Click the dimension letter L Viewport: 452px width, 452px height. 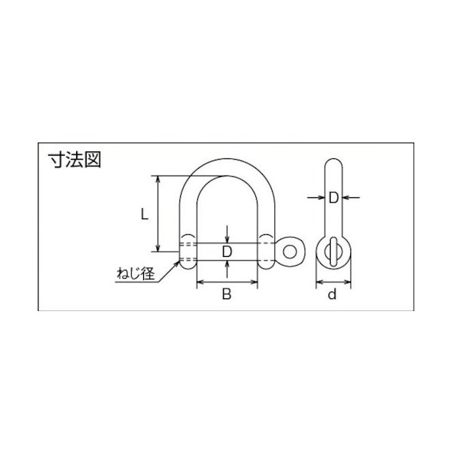pyautogui.click(x=145, y=215)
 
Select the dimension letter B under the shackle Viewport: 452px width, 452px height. pyautogui.click(x=226, y=295)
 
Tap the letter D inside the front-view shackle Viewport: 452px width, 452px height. pyautogui.click(x=226, y=249)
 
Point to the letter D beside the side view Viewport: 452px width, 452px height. pyautogui.click(x=333, y=197)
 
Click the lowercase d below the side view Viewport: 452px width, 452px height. pyautogui.click(x=331, y=295)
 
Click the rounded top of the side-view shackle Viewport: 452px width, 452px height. pyautogui.click(x=332, y=163)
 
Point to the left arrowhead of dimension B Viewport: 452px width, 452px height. pyautogui.click(x=199, y=282)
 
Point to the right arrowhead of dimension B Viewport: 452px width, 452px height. pyautogui.click(x=255, y=282)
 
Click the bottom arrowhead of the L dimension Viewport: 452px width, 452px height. pyautogui.click(x=157, y=251)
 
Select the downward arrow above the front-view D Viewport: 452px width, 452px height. pyautogui.click(x=227, y=237)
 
